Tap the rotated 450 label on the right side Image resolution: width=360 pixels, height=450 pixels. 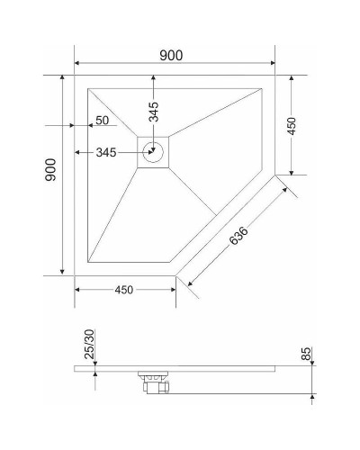(x=291, y=126)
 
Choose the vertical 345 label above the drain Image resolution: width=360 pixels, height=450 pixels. (x=154, y=112)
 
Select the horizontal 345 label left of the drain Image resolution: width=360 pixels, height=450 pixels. (x=107, y=152)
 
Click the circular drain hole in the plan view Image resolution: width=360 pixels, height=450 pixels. (x=154, y=152)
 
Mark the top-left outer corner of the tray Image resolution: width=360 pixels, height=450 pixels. (x=75, y=76)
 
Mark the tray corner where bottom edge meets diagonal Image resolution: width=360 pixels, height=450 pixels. (x=175, y=274)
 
